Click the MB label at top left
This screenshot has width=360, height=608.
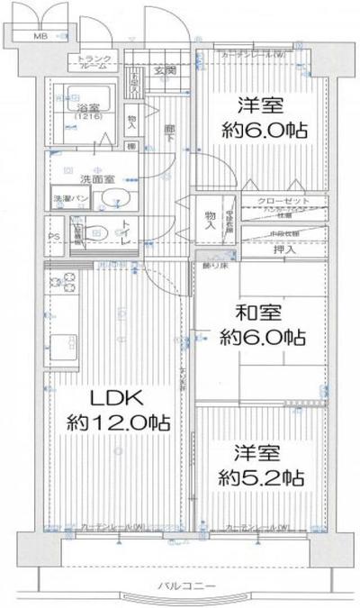pos(40,37)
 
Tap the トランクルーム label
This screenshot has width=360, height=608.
pos(94,61)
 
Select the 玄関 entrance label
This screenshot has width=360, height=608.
pos(163,70)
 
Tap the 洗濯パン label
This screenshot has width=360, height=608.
pos(68,198)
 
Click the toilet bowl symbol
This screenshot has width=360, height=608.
pos(103,233)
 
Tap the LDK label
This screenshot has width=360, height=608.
pos(113,395)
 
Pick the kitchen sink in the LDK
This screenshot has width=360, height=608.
pos(62,344)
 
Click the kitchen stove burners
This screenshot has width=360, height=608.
pos(62,282)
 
